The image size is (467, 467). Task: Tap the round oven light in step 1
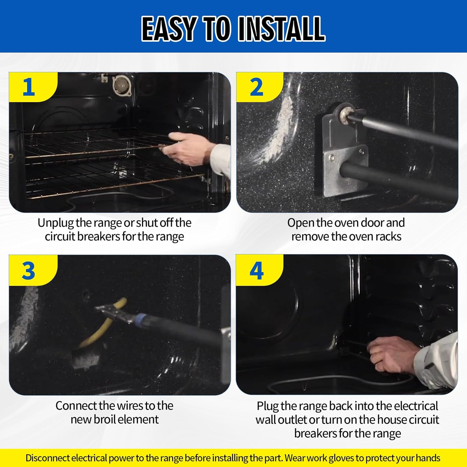pos(122,85)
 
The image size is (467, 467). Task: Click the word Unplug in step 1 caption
pos(55,223)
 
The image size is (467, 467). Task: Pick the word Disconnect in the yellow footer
pos(48,458)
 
